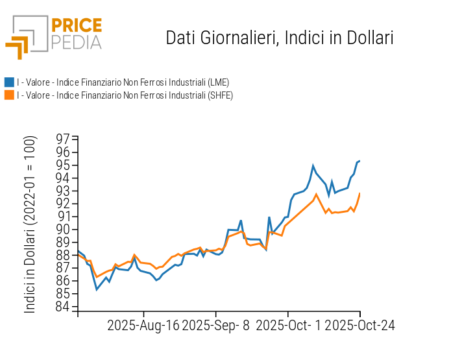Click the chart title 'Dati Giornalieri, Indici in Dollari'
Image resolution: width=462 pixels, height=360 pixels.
(x=280, y=38)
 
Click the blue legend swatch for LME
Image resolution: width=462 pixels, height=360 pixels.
(x=9, y=82)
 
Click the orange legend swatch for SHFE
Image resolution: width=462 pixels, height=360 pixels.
(x=9, y=95)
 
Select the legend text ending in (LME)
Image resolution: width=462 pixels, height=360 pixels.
(x=123, y=82)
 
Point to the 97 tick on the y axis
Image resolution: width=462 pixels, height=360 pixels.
(x=64, y=139)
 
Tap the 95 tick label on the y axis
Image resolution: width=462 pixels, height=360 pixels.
(x=64, y=165)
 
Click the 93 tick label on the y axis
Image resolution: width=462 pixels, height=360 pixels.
(x=64, y=191)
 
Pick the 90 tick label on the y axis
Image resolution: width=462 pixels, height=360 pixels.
(x=64, y=230)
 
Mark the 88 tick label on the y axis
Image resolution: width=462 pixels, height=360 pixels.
(x=64, y=255)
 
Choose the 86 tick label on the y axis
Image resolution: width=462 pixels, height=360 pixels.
(x=64, y=281)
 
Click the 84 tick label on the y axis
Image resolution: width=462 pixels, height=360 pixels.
(x=64, y=307)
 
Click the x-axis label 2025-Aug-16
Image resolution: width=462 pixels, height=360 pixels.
(x=143, y=325)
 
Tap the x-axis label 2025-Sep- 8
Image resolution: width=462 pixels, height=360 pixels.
(x=216, y=325)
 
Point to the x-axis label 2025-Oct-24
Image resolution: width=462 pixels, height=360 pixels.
(x=359, y=325)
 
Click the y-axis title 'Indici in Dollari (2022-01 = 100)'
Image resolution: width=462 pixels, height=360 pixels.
(x=30, y=224)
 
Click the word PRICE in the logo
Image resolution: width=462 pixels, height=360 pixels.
(x=76, y=26)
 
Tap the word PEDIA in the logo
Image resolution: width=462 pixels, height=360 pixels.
(x=76, y=42)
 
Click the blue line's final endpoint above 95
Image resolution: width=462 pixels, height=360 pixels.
(x=359, y=161)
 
